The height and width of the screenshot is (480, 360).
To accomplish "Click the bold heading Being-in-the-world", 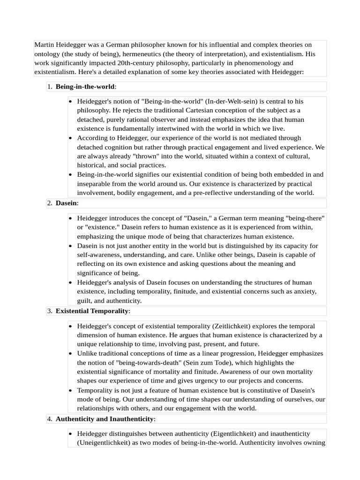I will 85,87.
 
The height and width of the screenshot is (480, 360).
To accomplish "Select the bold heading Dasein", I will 66,203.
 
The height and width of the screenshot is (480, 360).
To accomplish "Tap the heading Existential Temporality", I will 91,311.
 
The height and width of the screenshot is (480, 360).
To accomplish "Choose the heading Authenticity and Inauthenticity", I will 105,419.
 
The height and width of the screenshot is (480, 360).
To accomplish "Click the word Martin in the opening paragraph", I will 45,45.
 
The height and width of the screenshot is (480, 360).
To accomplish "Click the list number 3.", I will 49,311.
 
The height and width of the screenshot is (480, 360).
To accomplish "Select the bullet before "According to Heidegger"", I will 70,138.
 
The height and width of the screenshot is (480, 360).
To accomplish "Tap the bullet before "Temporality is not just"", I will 70,390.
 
